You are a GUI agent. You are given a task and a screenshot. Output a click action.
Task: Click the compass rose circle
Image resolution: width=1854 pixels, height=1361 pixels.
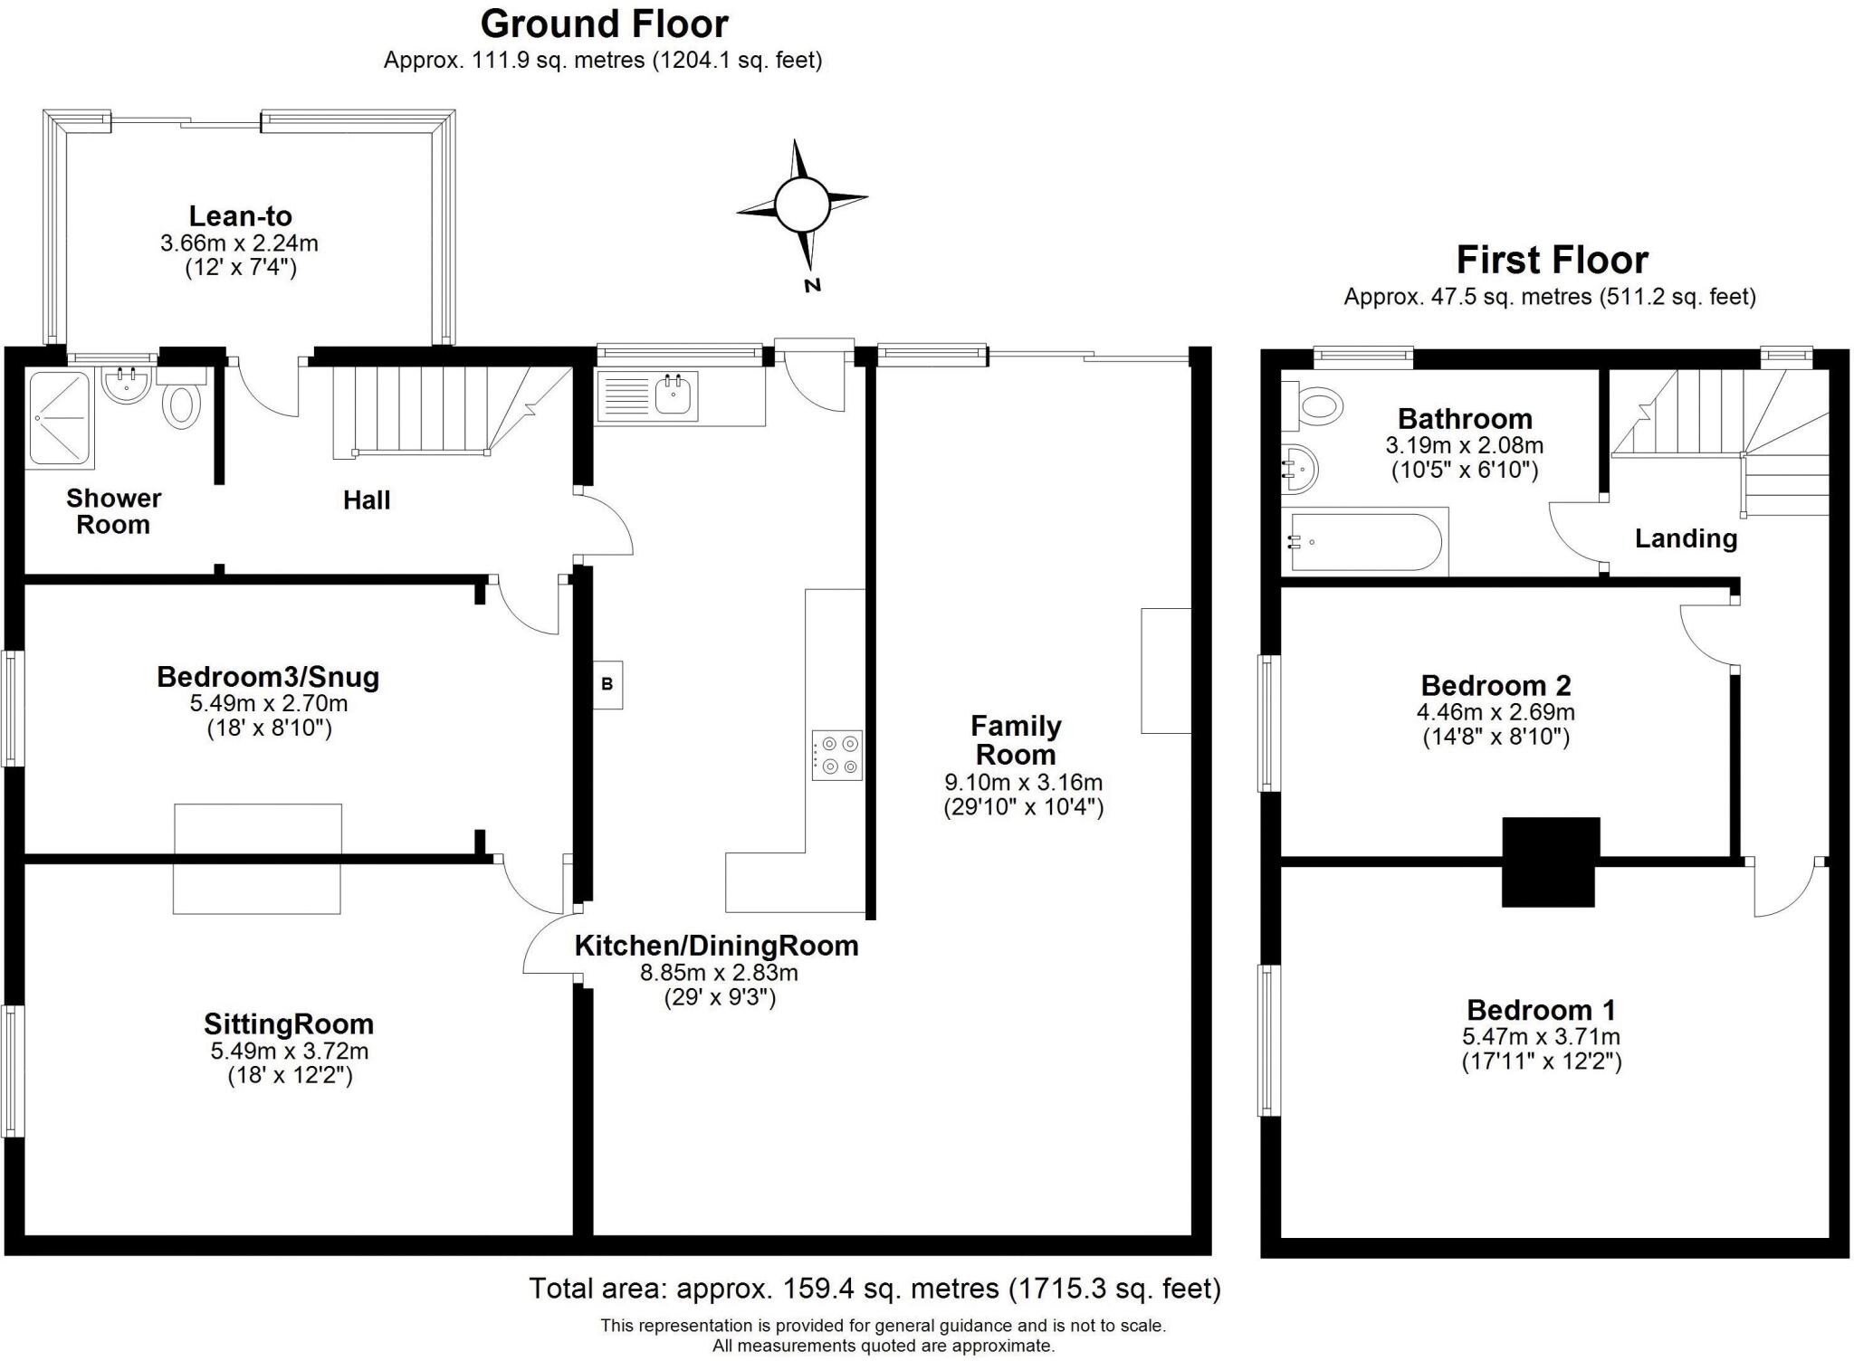802,205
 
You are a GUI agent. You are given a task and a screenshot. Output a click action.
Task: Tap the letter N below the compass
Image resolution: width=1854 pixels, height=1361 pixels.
812,285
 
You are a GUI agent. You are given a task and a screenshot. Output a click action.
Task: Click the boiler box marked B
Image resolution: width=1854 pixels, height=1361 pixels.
607,684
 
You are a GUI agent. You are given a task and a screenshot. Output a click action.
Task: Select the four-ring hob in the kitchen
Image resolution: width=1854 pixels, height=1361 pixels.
837,755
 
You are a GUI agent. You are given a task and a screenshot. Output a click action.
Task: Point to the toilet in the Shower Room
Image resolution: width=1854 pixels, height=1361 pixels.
183,405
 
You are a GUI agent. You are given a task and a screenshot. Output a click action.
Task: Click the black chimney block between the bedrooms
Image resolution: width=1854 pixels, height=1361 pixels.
1550,861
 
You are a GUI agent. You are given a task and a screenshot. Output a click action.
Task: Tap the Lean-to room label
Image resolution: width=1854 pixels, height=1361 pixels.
240,216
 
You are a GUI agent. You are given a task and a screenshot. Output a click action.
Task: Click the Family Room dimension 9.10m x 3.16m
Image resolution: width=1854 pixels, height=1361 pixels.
1023,782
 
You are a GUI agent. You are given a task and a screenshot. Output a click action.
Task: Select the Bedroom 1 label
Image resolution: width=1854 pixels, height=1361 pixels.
1541,1010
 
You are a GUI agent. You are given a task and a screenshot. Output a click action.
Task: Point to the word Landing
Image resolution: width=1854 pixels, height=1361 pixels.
1686,539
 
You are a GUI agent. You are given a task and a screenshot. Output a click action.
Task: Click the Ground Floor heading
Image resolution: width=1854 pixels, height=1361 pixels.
604,24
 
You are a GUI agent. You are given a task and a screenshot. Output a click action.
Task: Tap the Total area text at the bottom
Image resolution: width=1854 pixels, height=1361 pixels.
874,1288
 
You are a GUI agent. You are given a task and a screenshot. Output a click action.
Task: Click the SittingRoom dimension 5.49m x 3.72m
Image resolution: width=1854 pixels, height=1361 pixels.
289,1051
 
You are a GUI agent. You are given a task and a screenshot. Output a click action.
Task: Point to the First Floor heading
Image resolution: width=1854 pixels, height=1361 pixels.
1552,261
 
